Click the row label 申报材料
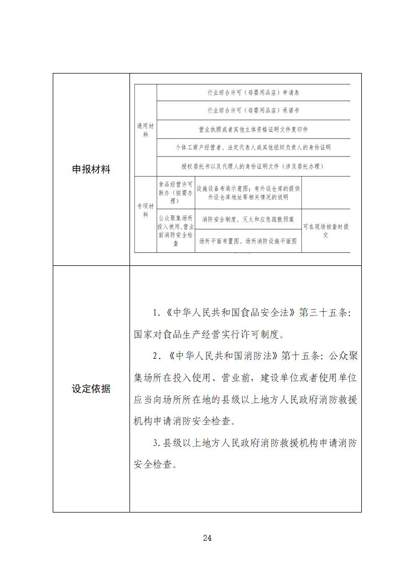click(91, 169)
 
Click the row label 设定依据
click(91, 389)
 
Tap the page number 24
click(207, 538)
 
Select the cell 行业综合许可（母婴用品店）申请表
click(253, 93)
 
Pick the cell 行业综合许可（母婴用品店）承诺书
click(253, 111)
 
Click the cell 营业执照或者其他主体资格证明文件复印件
click(253, 129)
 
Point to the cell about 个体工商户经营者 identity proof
click(253, 147)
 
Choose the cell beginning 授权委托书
click(253, 166)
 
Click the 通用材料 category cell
click(146, 130)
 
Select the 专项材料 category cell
click(146, 214)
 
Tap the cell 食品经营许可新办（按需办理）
click(175, 192)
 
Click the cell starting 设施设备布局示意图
click(248, 192)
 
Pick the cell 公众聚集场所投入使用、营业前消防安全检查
click(175, 230)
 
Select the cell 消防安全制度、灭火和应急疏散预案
click(248, 220)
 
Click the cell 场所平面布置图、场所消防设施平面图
click(248, 241)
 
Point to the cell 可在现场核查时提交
click(326, 230)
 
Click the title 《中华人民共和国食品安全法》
click(230, 313)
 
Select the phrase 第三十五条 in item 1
click(323, 313)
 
